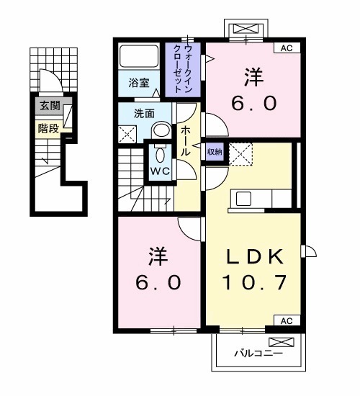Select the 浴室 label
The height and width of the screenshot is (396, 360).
[139, 83]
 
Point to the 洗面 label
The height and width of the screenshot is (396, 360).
[145, 113]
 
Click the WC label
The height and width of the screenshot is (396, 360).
[159, 171]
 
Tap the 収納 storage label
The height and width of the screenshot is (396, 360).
[215, 151]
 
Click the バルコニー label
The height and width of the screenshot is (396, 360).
[258, 354]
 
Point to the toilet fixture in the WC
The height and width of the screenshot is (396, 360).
[159, 154]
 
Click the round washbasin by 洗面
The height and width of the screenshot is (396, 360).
[162, 130]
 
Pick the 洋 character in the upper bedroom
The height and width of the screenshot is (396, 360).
[253, 75]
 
